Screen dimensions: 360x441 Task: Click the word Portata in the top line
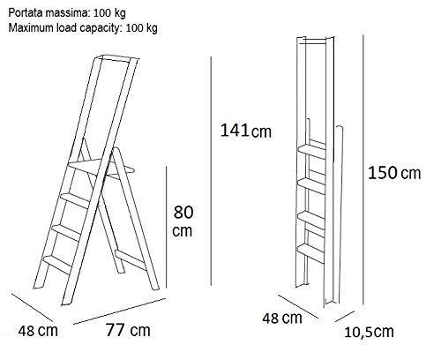pos(26,11)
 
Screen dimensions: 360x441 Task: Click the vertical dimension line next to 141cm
pos(211,168)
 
